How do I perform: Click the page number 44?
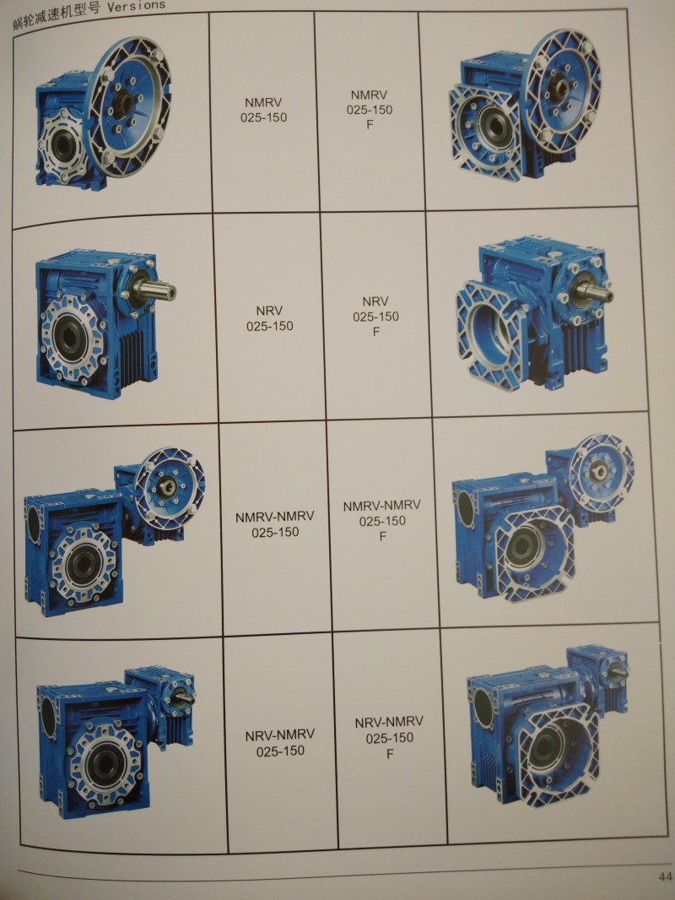point(665,876)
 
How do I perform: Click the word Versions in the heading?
point(136,7)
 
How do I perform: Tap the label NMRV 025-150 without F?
point(265,110)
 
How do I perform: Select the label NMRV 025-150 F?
point(370,109)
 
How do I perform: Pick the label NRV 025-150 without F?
point(269,318)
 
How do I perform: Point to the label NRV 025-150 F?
point(375,317)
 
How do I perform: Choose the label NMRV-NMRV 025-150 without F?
point(275,524)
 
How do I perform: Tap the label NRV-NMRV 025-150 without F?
point(280,742)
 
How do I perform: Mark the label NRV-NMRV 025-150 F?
point(389,737)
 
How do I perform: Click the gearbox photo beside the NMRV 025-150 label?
point(102,111)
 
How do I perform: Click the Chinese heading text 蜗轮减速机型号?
point(57,17)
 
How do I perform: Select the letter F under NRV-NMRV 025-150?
point(390,754)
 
